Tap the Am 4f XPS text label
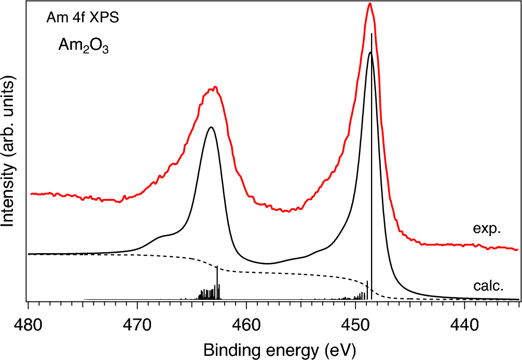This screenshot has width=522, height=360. click(84, 19)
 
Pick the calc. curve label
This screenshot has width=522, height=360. click(487, 286)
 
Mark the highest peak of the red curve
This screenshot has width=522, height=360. click(369, 4)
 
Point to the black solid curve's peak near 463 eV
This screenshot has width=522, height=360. click(211, 127)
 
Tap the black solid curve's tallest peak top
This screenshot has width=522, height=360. click(369, 52)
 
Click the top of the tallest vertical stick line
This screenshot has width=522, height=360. click(372, 34)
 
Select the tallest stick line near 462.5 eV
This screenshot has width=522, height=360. click(217, 268)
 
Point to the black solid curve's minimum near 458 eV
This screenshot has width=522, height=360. click(267, 264)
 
